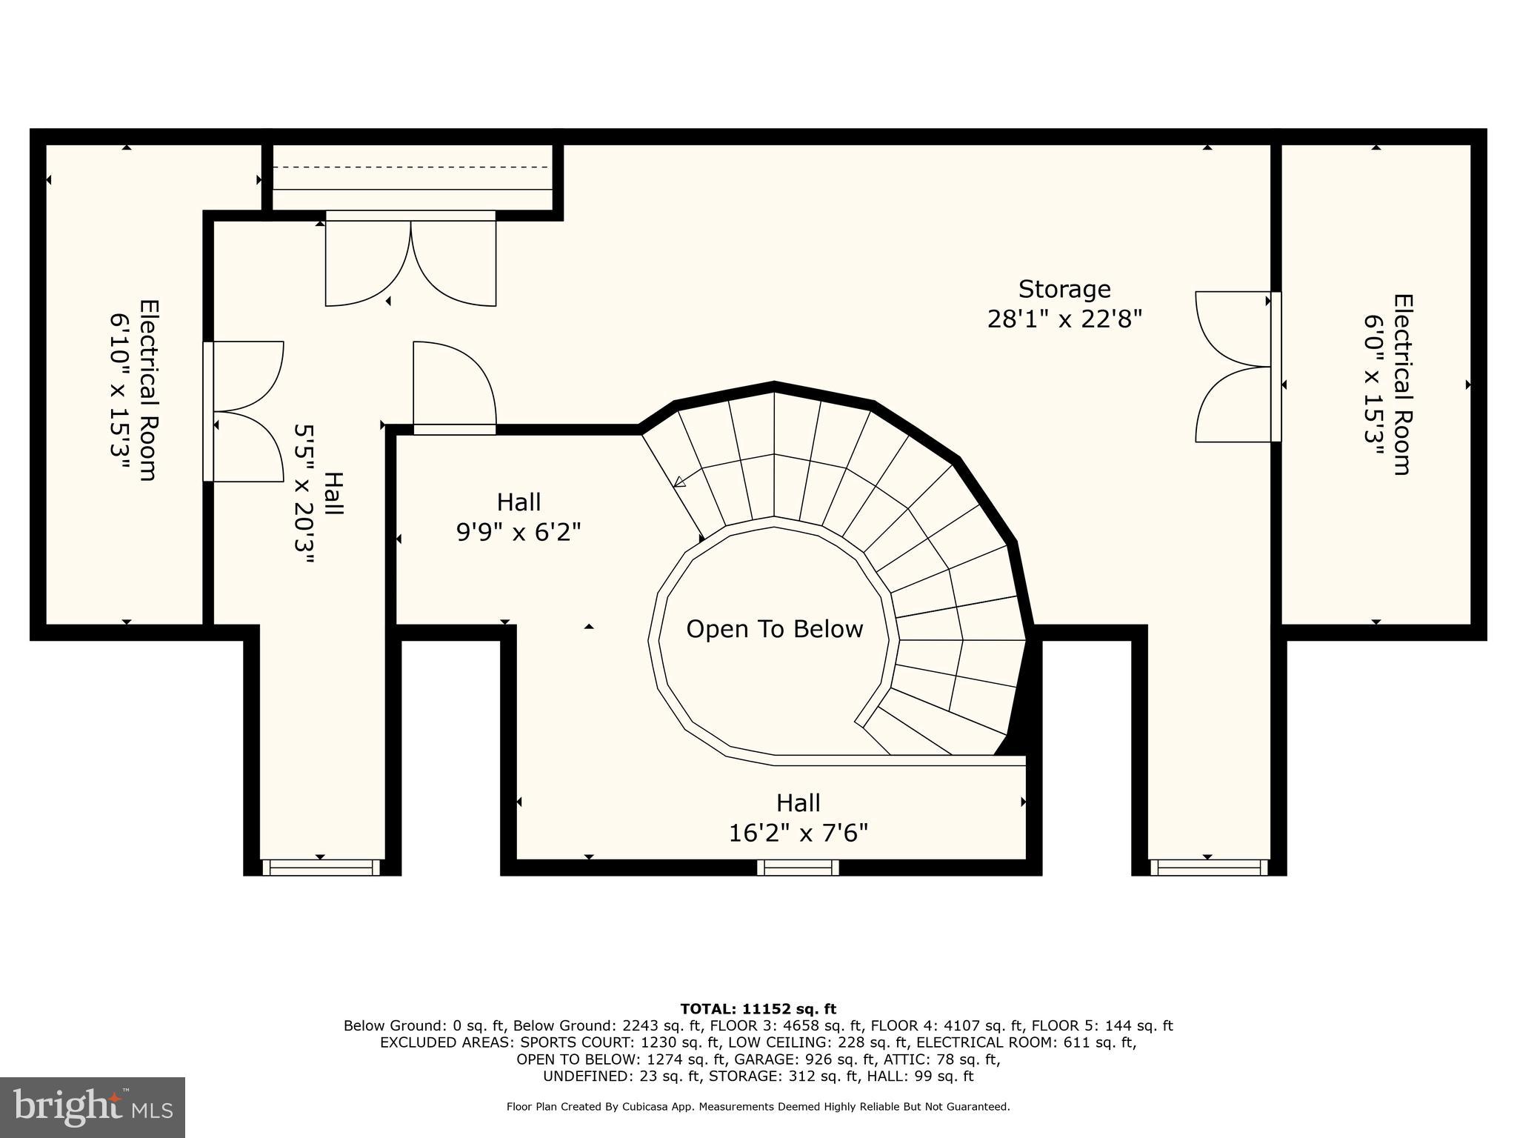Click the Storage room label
pos(1064,289)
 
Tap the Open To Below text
pos(774,629)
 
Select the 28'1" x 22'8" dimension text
pos(1064,319)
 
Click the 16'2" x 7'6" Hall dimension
pos(798,833)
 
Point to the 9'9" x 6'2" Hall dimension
pos(518,532)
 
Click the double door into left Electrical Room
pos(244,412)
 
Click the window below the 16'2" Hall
pos(798,868)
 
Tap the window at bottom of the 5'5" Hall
pos(321,868)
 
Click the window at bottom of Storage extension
pos(1208,868)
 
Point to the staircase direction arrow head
pos(679,482)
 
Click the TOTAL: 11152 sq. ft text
pos(757,1009)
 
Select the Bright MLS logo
pos(93,1107)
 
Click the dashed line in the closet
pos(413,167)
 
